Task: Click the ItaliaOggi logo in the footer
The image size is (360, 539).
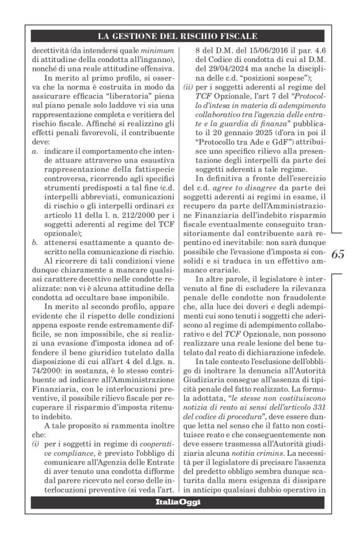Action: (x=178, y=502)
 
